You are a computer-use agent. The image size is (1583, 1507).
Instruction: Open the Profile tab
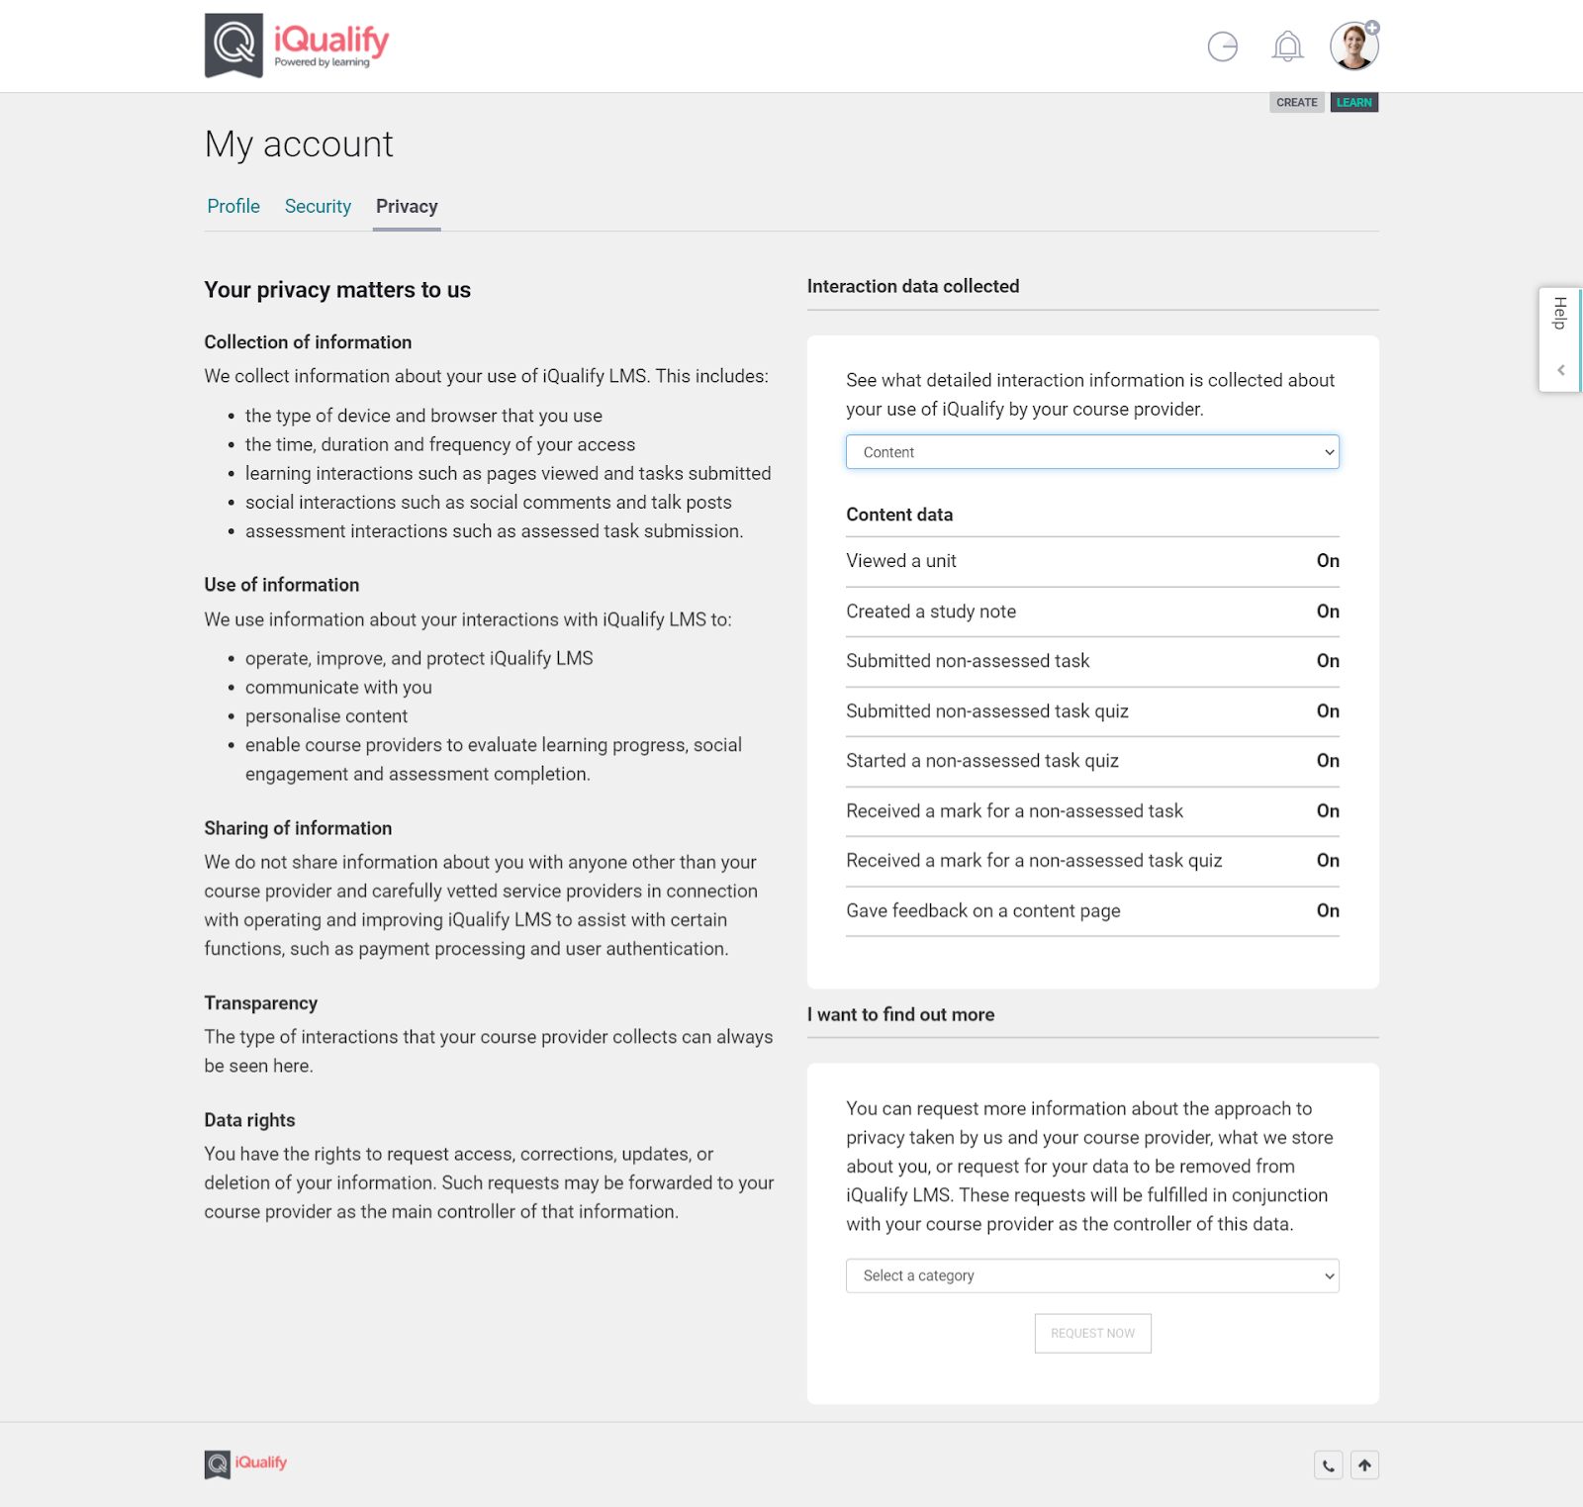(233, 206)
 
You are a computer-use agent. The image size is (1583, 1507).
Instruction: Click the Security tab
(318, 206)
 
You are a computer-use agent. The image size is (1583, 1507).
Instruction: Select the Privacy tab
(407, 206)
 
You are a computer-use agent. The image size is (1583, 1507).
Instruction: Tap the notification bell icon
(1287, 47)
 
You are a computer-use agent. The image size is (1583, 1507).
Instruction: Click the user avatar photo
(1353, 47)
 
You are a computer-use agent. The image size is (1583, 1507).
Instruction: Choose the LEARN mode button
(1353, 103)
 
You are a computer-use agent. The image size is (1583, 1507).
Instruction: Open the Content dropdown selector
(1092, 452)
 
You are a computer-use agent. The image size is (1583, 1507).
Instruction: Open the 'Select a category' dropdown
(1092, 1275)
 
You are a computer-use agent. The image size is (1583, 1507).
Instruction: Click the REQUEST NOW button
(1092, 1333)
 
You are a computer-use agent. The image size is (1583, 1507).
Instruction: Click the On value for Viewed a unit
(1328, 561)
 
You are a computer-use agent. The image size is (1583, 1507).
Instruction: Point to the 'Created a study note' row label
(931, 612)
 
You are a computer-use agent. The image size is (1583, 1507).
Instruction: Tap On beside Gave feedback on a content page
(1328, 910)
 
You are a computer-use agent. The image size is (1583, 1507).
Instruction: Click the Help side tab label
(1560, 314)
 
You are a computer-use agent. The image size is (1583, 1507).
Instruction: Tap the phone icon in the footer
(1328, 1465)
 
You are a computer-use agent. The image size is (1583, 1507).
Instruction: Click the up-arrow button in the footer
(1364, 1465)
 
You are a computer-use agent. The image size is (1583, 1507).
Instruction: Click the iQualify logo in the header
(297, 46)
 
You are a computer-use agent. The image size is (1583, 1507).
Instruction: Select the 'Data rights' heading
(249, 1120)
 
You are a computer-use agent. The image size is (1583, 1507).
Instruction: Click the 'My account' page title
(299, 144)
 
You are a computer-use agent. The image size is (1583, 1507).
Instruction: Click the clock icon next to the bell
(1223, 47)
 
